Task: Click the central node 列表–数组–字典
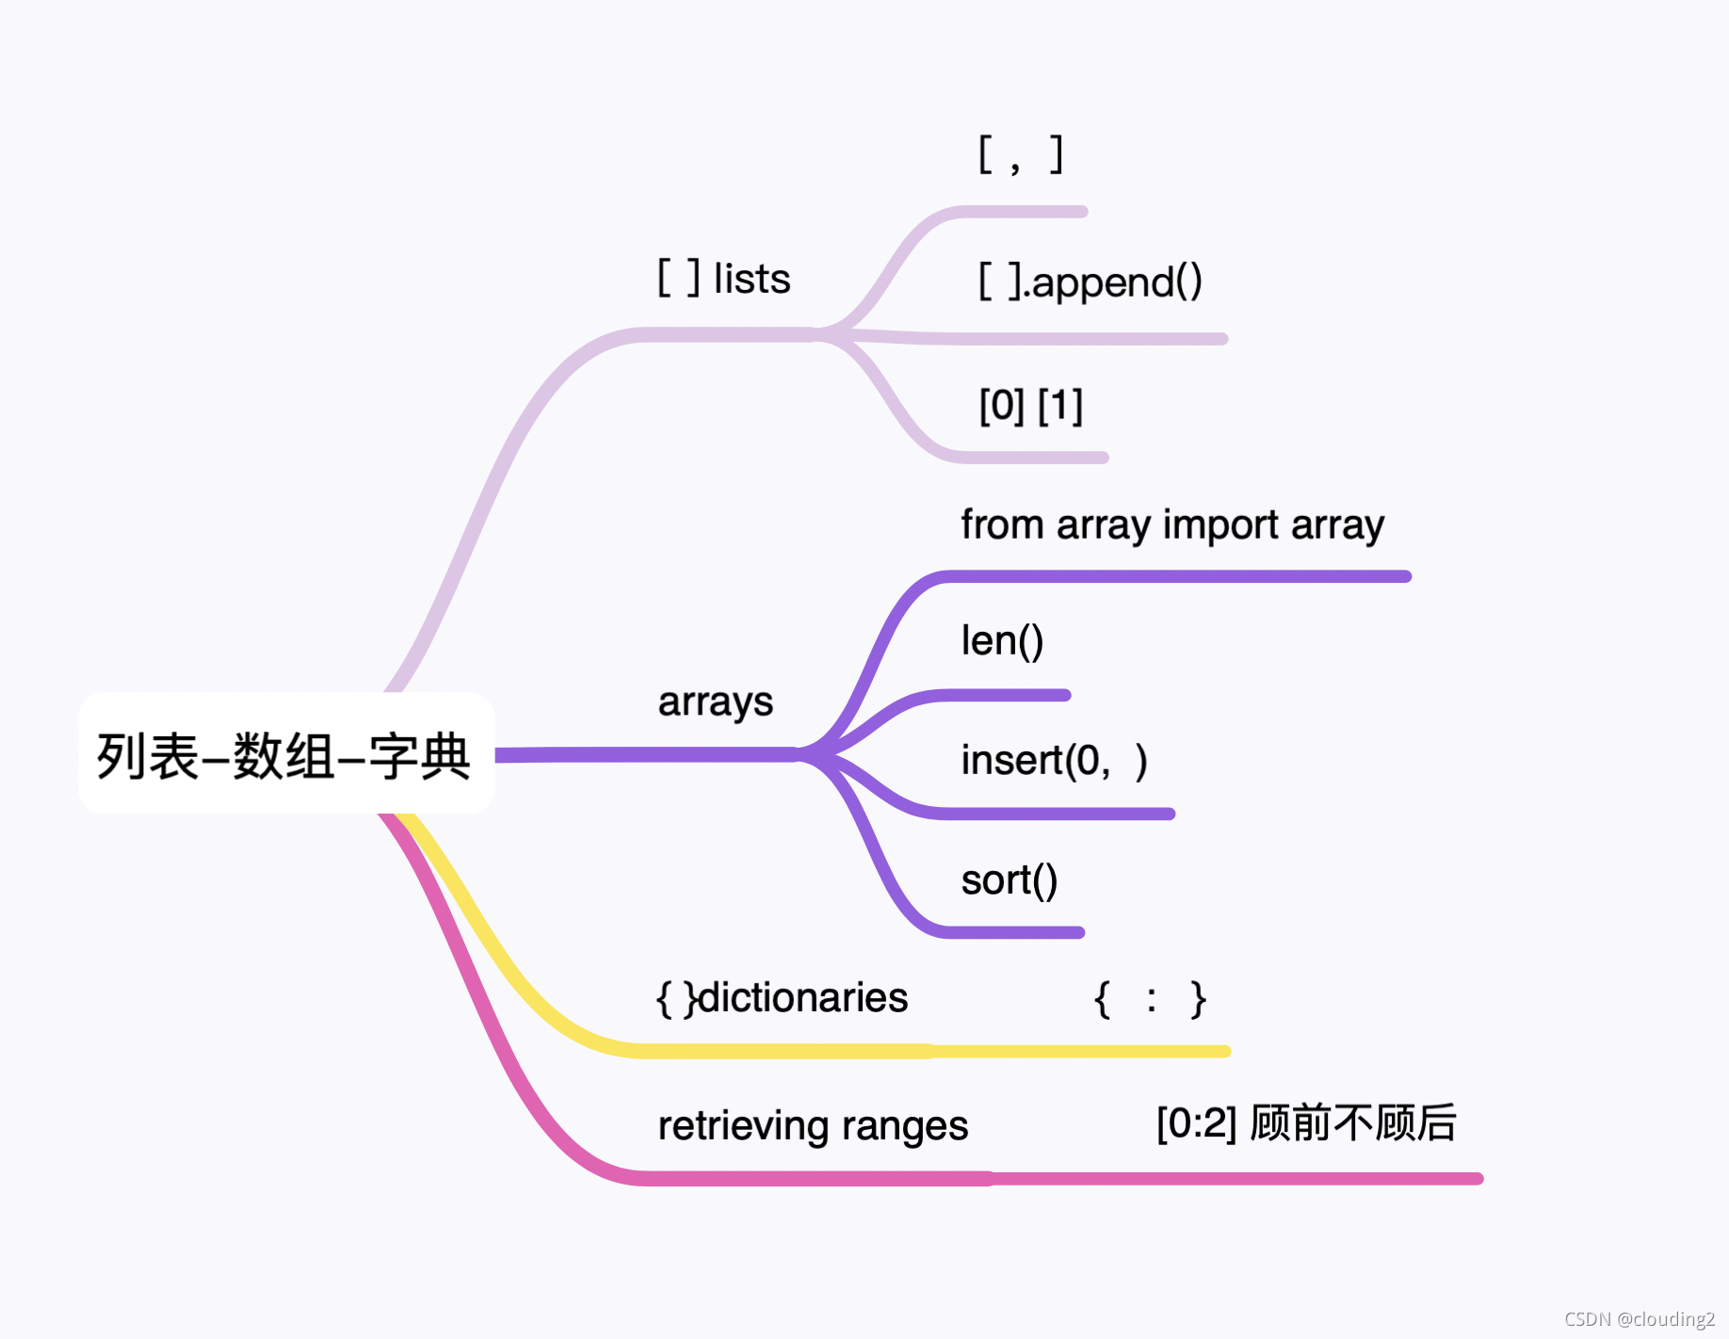[284, 755]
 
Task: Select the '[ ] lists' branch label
[723, 279]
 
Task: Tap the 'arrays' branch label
[715, 702]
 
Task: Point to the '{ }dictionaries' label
[782, 998]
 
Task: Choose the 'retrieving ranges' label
[812, 1126]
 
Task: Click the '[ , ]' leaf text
[1021, 154]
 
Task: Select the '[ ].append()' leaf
[1091, 282]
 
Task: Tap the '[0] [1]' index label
[1030, 406]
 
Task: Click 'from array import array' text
[1172, 525]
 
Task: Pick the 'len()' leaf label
[1002, 641]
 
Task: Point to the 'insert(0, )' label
[1054, 761]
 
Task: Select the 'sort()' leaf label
[1009, 880]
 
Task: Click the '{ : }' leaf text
[1150, 998]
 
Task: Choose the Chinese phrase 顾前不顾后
[1353, 1123]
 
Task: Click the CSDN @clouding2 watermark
[1639, 1319]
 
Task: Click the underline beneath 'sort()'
[1012, 932]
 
